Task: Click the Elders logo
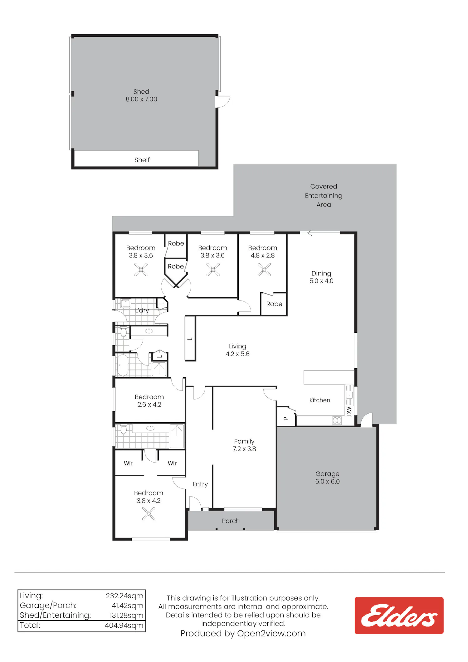pos(399,615)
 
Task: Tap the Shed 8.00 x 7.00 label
pos(141,96)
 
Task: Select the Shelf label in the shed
pos(142,160)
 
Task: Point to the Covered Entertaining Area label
pos(324,195)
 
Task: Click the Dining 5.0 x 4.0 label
pos(321,277)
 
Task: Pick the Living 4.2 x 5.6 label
pos(237,350)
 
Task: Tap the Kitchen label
pos(320,400)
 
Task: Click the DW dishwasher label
pos(349,411)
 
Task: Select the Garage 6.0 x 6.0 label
pos(327,478)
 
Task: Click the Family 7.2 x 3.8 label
pos(244,445)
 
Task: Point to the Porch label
pos(231,521)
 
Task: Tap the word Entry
pos(200,484)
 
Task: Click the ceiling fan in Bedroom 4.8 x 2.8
pos(264,270)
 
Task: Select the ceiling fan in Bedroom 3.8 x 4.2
pos(149,513)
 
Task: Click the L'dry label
pos(142,311)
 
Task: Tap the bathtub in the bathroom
pos(123,365)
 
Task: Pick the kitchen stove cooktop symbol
pos(337,420)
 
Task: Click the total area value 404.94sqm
pos(124,625)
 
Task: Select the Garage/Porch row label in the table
pos(48,606)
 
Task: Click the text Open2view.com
pos(271,633)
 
